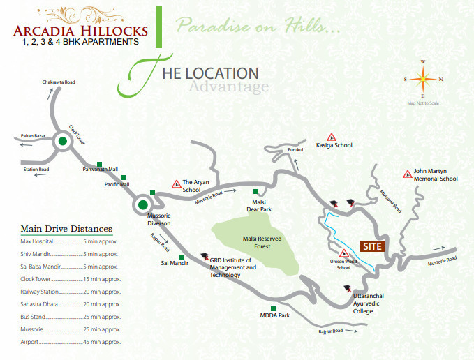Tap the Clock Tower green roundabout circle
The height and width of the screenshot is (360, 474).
(64, 142)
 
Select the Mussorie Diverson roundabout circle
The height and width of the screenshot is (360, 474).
(143, 205)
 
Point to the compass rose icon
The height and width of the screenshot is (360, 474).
(422, 79)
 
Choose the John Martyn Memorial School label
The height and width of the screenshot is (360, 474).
(435, 174)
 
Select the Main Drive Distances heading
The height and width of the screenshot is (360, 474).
(66, 229)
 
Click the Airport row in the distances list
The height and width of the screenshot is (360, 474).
(69, 343)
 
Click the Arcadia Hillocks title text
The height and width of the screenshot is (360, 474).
(80, 30)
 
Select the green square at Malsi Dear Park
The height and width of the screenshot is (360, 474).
(256, 191)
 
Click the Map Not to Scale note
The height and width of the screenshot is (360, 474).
(423, 103)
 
